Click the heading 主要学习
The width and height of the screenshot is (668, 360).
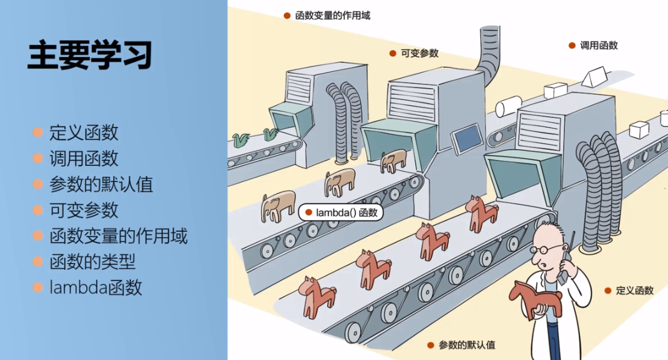click(89, 55)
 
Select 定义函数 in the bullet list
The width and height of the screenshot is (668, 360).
click(84, 132)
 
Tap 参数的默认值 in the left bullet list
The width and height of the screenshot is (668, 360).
click(101, 184)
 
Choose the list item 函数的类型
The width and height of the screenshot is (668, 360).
click(92, 262)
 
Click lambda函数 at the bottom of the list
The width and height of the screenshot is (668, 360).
click(96, 288)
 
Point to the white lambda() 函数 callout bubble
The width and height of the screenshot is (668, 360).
click(341, 212)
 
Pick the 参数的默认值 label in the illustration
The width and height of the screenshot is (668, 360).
click(467, 345)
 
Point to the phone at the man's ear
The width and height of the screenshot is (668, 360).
click(565, 264)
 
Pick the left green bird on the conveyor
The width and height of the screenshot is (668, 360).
click(242, 140)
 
